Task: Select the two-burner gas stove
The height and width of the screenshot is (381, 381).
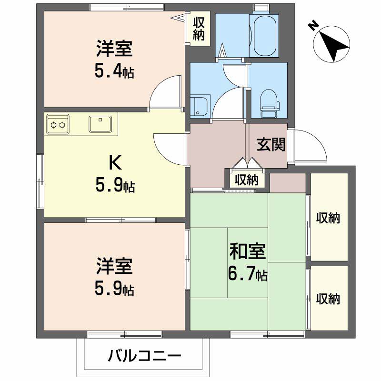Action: click(x=58, y=124)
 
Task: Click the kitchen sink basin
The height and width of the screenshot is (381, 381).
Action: click(x=100, y=124)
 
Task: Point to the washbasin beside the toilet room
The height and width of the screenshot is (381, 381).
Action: click(x=199, y=106)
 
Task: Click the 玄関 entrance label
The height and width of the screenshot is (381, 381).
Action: click(x=271, y=144)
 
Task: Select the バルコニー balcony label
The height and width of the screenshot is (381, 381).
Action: click(x=145, y=356)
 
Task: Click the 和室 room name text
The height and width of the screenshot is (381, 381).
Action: click(x=248, y=252)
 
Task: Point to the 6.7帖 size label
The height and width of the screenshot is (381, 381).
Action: click(x=248, y=275)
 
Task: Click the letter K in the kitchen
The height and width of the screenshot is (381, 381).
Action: click(x=115, y=162)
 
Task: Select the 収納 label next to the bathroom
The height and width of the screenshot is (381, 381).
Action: click(x=199, y=29)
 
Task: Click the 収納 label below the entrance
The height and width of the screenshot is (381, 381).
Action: click(x=247, y=180)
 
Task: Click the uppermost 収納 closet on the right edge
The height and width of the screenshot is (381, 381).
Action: click(x=329, y=217)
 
